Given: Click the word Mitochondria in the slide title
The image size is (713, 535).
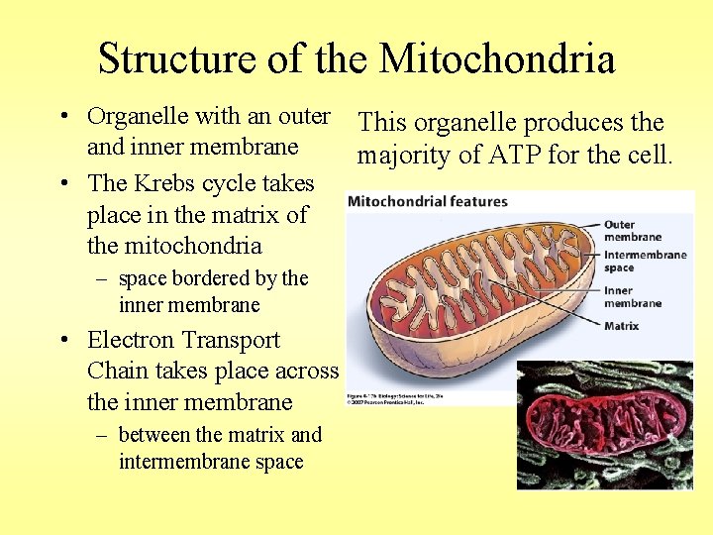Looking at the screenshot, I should pyautogui.click(x=497, y=59).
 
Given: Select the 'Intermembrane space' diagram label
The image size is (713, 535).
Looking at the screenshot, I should pyautogui.click(x=645, y=262).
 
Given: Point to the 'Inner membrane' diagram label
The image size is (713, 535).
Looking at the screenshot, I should pyautogui.click(x=632, y=297).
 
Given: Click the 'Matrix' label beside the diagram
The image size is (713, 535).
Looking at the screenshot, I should pyautogui.click(x=621, y=326).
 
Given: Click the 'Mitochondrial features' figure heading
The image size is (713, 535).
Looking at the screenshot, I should pyautogui.click(x=428, y=201).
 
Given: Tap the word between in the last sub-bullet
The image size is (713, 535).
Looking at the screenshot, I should pyautogui.click(x=154, y=435).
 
